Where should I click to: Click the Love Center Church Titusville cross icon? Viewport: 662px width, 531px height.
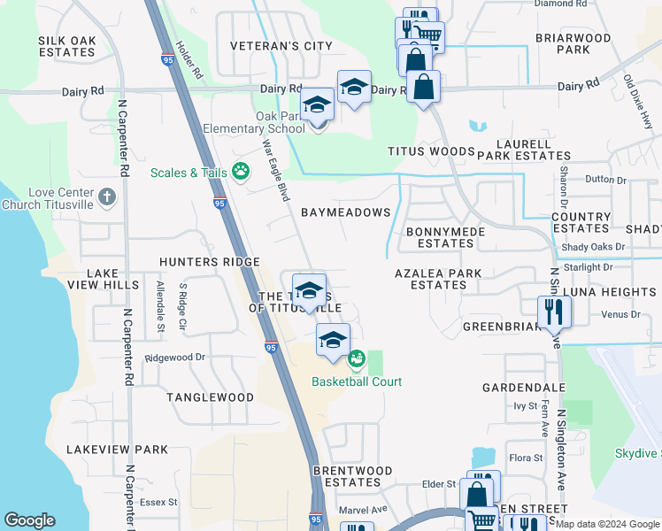pyautogui.click(x=106, y=196)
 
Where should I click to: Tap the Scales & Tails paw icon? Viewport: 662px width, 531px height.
pyautogui.click(x=241, y=171)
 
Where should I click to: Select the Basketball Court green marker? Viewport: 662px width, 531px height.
pyautogui.click(x=356, y=359)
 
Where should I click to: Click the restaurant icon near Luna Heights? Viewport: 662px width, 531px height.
pyautogui.click(x=555, y=312)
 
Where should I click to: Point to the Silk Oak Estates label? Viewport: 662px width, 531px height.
pyautogui.click(x=66, y=47)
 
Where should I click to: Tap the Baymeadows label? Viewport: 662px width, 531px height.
pyautogui.click(x=345, y=212)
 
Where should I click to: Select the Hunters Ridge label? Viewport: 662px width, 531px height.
pyautogui.click(x=209, y=262)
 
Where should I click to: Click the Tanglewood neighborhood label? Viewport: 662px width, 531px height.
pyautogui.click(x=210, y=397)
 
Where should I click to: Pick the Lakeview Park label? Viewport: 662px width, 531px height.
pyautogui.click(x=117, y=450)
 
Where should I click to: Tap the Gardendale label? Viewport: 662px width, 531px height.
pyautogui.click(x=523, y=388)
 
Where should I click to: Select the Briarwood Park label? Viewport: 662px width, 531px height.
pyautogui.click(x=573, y=44)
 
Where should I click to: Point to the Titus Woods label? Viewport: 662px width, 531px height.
pyautogui.click(x=431, y=151)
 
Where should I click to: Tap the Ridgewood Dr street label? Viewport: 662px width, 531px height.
pyautogui.click(x=175, y=358)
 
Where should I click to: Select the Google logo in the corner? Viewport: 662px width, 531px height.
pyautogui.click(x=29, y=519)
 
